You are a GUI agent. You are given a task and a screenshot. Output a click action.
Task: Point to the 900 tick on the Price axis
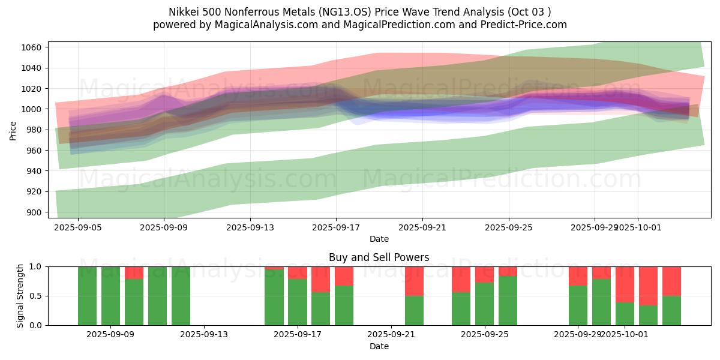point(34,212)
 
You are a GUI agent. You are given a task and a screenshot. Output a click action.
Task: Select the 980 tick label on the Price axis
point(34,130)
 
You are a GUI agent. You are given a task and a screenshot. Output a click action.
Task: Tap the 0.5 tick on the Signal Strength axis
point(36,296)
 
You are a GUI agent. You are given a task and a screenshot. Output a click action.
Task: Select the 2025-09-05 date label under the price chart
point(78,227)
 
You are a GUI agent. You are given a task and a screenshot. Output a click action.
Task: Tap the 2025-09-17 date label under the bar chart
point(297,335)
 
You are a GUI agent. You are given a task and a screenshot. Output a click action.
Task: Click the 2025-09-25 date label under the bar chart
point(484,335)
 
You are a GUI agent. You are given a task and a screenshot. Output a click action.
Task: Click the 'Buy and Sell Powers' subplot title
point(379,257)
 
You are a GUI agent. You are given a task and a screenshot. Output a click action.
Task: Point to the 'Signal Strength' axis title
point(20,295)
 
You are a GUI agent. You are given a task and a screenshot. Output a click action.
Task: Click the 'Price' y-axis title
point(13,130)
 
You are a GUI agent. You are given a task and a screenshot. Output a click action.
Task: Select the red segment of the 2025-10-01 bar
point(625,284)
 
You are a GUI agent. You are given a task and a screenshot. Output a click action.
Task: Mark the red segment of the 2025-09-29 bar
point(578,275)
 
